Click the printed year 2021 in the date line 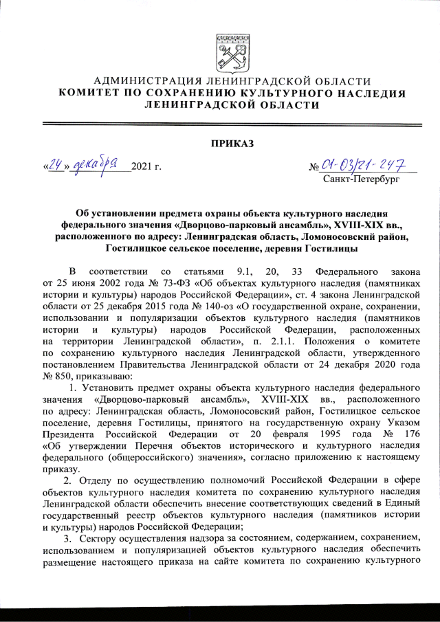tap(141, 167)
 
